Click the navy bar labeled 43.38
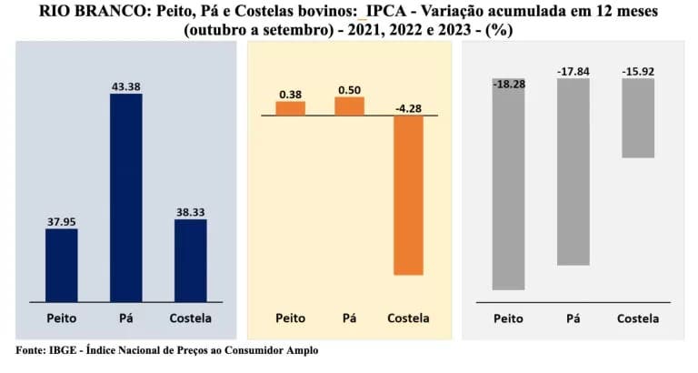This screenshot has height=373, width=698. (x=126, y=197)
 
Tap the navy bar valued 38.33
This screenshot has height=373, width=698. (x=190, y=259)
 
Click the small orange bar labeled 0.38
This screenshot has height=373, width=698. (x=291, y=108)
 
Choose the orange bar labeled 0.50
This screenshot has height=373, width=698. (x=349, y=106)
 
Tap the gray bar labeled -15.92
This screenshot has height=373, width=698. (x=638, y=118)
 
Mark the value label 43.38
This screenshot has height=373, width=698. (x=126, y=86)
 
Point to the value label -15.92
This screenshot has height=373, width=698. (x=638, y=70)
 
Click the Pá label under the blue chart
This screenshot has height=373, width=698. (x=126, y=318)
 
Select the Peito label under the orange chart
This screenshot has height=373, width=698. (x=291, y=318)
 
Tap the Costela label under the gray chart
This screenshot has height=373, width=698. (x=638, y=318)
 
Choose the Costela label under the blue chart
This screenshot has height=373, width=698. (x=190, y=318)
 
